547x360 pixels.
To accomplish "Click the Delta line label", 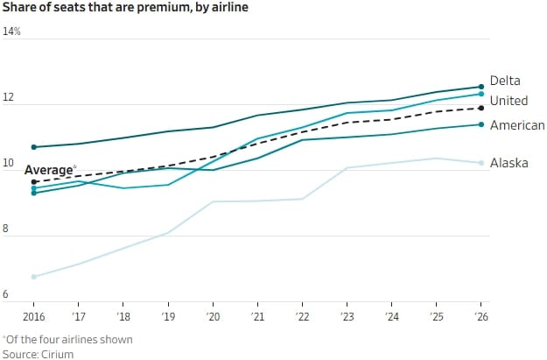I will pyautogui.click(x=505, y=81).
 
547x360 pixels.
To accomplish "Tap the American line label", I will pyautogui.click(x=517, y=126).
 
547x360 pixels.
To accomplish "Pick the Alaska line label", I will pyautogui.click(x=508, y=163).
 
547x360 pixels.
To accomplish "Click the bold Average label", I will pyautogui.click(x=47, y=170).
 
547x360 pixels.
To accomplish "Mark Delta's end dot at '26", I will pyautogui.click(x=480, y=86).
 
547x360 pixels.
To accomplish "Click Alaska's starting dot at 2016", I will pyautogui.click(x=34, y=277).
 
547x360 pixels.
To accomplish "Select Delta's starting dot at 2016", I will pyautogui.click(x=34, y=147).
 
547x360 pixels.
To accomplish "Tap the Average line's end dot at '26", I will pyautogui.click(x=480, y=108).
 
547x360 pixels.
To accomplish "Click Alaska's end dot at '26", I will pyautogui.click(x=480, y=163).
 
